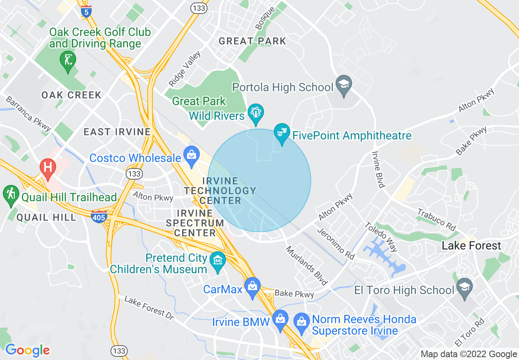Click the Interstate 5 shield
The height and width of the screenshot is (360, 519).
click(x=86, y=11)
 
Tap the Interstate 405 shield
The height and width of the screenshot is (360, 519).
click(x=99, y=216)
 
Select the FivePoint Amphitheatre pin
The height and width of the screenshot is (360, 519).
click(x=282, y=133)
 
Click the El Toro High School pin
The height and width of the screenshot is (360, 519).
click(x=465, y=288)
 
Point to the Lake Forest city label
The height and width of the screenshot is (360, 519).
click(x=472, y=245)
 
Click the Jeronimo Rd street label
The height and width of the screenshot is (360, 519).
click(x=336, y=243)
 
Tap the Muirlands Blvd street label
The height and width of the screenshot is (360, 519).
click(x=307, y=265)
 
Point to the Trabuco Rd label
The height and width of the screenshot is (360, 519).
click(x=436, y=220)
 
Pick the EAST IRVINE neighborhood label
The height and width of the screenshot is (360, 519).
click(x=117, y=132)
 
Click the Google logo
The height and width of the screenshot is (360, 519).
click(x=27, y=350)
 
